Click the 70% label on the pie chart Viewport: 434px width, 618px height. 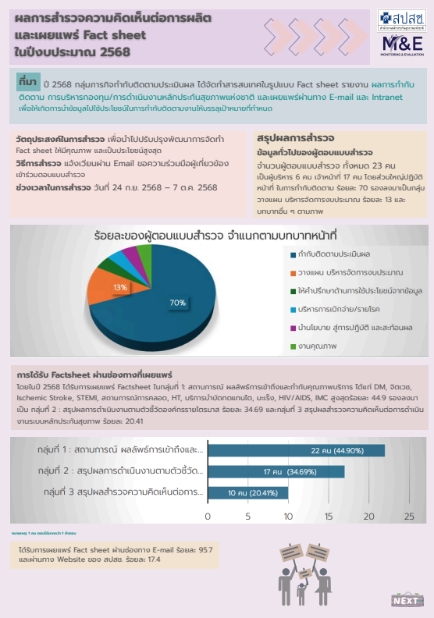pyautogui.click(x=177, y=303)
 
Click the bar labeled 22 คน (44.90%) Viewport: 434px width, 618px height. pyautogui.click(x=296, y=450)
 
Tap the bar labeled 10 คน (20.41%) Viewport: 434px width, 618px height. pyautogui.click(x=248, y=492)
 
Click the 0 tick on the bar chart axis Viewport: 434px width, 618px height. pyautogui.click(x=208, y=517)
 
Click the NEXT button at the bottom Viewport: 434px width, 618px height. pyautogui.click(x=406, y=600)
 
